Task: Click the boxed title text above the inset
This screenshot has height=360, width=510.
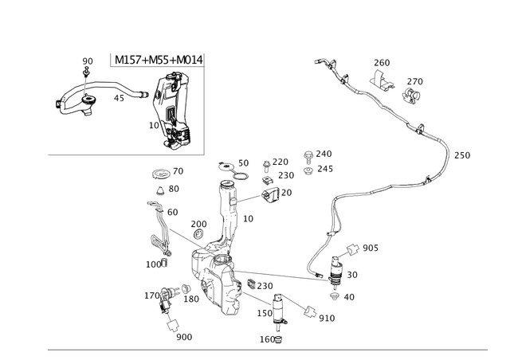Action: [x=157, y=60]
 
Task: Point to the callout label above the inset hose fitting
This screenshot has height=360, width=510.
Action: [x=87, y=61]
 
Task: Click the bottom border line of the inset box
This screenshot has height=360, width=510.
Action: [x=127, y=155]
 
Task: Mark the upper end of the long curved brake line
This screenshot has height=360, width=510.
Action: [x=319, y=60]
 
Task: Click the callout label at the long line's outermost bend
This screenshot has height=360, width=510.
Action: [x=462, y=155]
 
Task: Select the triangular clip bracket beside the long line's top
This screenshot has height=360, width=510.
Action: [x=381, y=80]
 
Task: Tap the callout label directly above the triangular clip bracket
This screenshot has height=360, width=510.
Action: [x=382, y=61]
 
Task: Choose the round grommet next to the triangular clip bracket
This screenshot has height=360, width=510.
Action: [x=412, y=94]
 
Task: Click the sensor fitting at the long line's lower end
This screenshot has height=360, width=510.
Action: [x=335, y=277]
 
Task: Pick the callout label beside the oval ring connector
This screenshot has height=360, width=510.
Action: [x=369, y=250]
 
